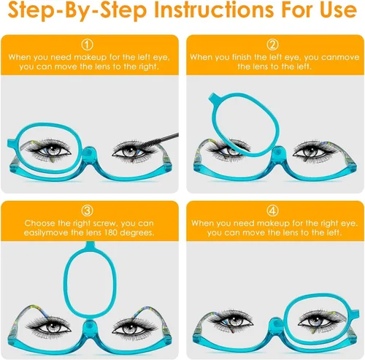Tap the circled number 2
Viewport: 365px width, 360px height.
[x=272, y=44]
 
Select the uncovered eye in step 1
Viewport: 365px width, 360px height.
[x=133, y=152]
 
